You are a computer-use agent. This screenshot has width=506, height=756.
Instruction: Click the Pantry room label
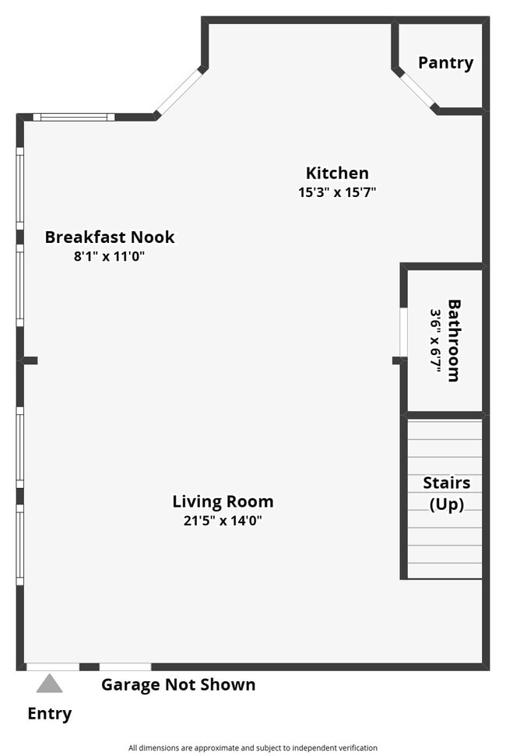pos(445,63)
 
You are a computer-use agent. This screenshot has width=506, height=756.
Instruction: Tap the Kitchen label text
pos(336,173)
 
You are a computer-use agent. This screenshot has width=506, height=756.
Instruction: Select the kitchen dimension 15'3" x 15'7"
pos(337,192)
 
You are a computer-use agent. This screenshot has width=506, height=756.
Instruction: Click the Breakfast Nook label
pos(110,237)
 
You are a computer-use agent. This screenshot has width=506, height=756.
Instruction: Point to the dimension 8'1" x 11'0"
pos(110,255)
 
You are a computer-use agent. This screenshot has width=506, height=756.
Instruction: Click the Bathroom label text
pos(453,340)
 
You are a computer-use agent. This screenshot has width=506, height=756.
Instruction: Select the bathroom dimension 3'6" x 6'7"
pos(435,340)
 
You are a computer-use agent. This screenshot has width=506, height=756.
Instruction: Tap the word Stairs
pos(446,483)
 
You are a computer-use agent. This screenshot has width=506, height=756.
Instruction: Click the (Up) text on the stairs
pos(446,504)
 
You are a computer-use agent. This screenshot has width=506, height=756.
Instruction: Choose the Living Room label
pos(223,501)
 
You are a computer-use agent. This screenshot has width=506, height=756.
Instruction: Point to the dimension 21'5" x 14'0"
pos(223,521)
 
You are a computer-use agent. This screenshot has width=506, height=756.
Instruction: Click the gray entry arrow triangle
pos(49,684)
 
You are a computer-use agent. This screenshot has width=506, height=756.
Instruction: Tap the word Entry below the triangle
pos(49,713)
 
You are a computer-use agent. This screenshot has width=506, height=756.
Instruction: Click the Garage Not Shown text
pos(178,685)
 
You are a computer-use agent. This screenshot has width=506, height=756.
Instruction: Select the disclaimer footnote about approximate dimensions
pos(253,747)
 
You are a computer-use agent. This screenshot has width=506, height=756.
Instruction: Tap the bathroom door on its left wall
pos(403,332)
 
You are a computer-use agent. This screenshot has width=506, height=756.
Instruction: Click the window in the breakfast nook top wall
pos(74,117)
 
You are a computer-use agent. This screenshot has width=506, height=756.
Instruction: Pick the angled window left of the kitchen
pos(180,92)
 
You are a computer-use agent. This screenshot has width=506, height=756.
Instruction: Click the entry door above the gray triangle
pos(52,666)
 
